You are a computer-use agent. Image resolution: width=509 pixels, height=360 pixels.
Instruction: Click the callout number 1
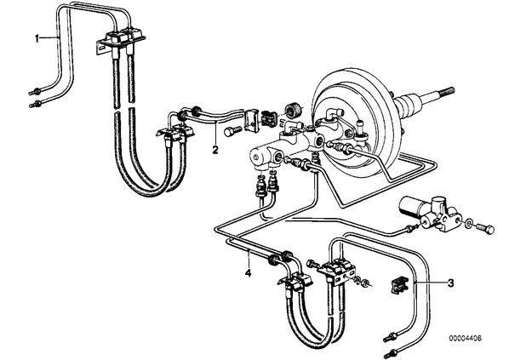coord(37,38)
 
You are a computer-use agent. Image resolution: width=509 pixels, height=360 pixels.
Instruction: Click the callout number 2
coord(214,150)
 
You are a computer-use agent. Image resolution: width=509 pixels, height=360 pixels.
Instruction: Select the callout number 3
coord(450,283)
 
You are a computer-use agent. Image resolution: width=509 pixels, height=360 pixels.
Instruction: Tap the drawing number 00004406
coord(466,338)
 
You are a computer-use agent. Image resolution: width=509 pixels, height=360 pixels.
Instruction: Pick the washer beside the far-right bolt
coord(469,223)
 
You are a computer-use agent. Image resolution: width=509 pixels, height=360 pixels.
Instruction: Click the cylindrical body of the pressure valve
coord(411,204)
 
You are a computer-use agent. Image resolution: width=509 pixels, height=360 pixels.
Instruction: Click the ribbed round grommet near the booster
coord(293,111)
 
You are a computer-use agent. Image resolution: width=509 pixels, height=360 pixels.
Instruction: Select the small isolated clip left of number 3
coord(398,285)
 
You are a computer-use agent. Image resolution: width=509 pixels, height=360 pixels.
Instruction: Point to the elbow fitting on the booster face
coord(335,115)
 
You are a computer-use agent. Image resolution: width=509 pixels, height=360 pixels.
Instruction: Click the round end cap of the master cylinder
coord(257,157)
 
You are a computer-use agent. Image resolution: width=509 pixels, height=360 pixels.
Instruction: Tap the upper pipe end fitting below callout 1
coord(35,91)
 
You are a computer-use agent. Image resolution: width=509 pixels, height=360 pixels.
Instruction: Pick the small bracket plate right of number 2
coord(251,122)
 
